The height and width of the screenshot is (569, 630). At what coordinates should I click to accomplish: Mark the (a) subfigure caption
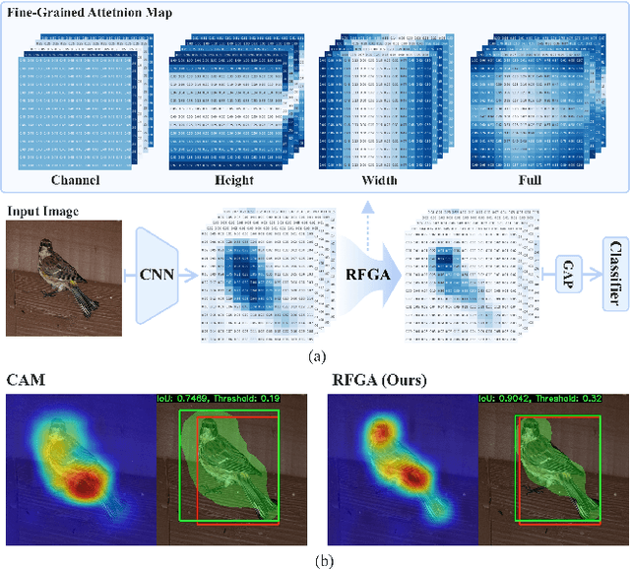tap(314, 358)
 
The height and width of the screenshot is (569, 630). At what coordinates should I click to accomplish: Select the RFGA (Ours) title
tap(380, 379)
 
